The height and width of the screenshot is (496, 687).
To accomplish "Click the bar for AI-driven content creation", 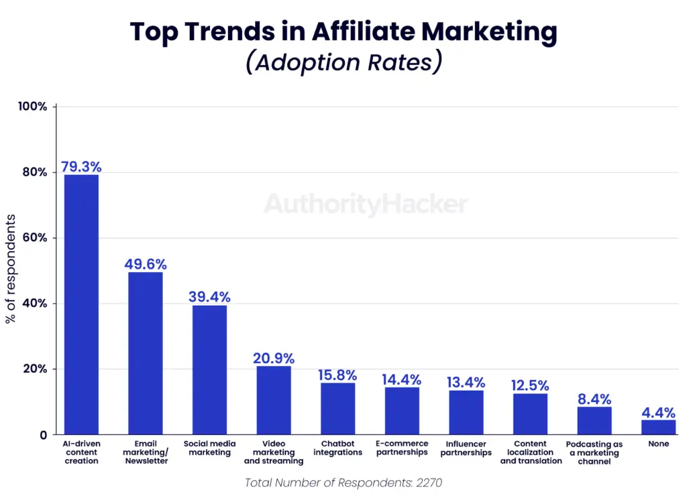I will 81,304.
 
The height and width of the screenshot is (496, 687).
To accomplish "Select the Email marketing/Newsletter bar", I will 145,353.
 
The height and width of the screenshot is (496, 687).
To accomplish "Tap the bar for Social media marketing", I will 209,370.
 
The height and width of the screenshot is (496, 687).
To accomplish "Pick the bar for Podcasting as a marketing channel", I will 594,420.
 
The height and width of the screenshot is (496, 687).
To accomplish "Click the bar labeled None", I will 658,427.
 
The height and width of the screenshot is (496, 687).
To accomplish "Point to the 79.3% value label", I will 81,166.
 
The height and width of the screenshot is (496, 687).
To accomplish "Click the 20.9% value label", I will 274,359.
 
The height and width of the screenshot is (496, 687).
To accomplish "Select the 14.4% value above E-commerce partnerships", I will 402,379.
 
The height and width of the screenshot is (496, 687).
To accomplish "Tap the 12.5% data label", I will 530,385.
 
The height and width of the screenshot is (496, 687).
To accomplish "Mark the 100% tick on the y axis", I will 33,107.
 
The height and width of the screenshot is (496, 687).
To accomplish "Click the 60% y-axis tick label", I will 34,238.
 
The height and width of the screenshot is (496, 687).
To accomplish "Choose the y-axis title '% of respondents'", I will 11,269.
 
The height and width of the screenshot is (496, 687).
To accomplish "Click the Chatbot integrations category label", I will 337,448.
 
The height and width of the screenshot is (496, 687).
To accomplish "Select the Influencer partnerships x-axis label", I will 466,448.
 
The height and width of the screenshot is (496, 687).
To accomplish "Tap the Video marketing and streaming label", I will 274,452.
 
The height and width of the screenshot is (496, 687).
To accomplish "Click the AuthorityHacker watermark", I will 366,204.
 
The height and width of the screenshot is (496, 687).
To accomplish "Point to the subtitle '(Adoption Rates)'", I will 343,62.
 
